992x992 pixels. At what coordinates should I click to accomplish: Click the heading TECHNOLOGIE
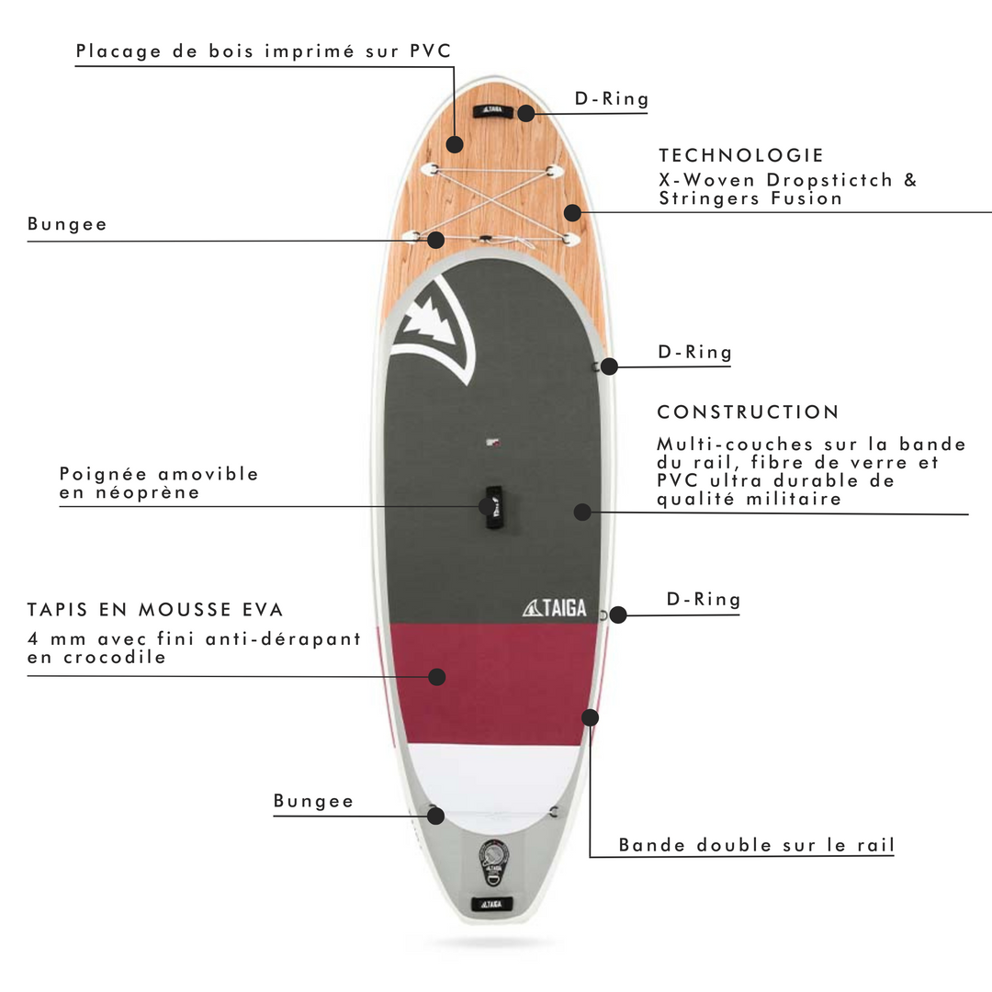(741, 155)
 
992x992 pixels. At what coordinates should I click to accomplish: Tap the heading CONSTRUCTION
(748, 411)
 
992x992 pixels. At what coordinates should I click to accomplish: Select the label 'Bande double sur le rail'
(757, 845)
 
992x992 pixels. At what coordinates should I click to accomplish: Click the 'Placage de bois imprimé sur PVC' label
(264, 51)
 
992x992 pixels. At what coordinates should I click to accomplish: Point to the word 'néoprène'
(147, 492)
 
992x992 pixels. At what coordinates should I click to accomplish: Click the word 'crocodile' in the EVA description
(115, 658)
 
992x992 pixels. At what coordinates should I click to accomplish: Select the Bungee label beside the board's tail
(313, 801)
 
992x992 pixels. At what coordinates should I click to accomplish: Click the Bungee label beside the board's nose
(67, 224)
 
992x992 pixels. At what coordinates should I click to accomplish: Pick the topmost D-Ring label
(612, 98)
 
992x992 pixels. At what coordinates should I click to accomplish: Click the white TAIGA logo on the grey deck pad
(554, 608)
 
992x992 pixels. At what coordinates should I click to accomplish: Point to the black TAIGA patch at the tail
(491, 904)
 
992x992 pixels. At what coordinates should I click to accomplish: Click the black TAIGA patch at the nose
(491, 110)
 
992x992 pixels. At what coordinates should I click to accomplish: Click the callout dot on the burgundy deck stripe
(436, 677)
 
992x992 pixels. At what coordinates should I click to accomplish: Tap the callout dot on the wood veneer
(455, 144)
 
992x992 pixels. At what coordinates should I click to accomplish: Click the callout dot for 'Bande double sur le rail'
(591, 717)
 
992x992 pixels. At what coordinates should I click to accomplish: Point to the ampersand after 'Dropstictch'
(910, 180)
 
